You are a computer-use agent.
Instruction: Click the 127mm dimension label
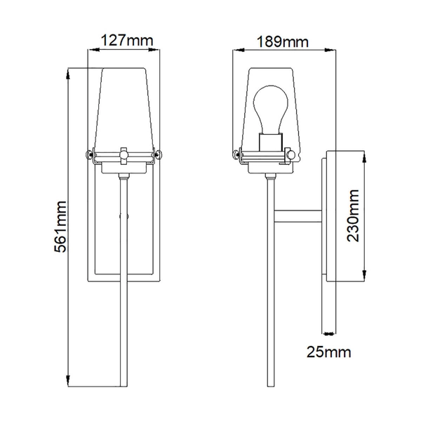click(123, 41)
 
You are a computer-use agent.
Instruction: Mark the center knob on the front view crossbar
click(124, 152)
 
